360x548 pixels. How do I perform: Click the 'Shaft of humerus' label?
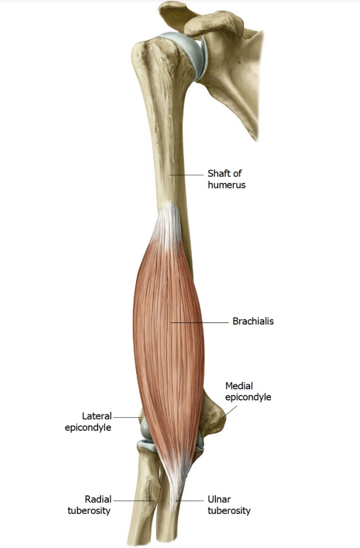pos(227,179)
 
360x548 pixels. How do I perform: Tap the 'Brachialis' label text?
pos(253,321)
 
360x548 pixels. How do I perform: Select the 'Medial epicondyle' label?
pos(248,392)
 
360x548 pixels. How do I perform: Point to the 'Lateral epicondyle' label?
pos(88,421)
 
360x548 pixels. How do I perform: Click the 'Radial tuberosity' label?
pos(89,505)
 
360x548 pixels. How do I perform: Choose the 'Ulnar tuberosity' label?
pos(229,505)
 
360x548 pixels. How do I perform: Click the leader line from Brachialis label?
pos(199,323)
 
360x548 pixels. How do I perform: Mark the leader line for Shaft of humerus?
pos(187,174)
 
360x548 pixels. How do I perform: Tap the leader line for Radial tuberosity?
pos(133,500)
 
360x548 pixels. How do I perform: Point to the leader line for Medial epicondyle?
pos(230,412)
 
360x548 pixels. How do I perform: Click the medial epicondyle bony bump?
pos(214,416)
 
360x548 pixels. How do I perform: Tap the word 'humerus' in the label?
pos(227,185)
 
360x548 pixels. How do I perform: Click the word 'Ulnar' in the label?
pos(219,499)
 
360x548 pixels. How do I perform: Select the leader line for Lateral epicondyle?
pos(127,417)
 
